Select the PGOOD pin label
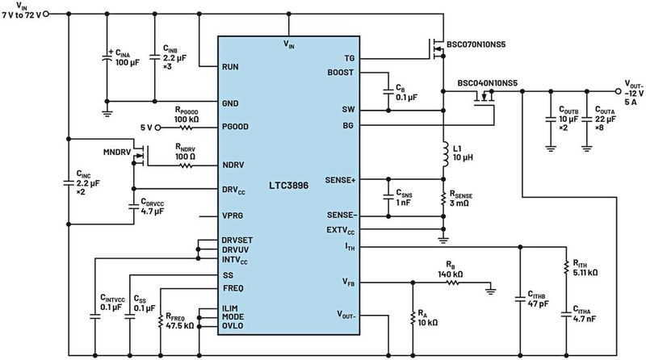tap(238, 128)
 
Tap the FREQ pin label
tap(234, 288)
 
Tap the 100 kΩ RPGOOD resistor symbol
tap(188, 128)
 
